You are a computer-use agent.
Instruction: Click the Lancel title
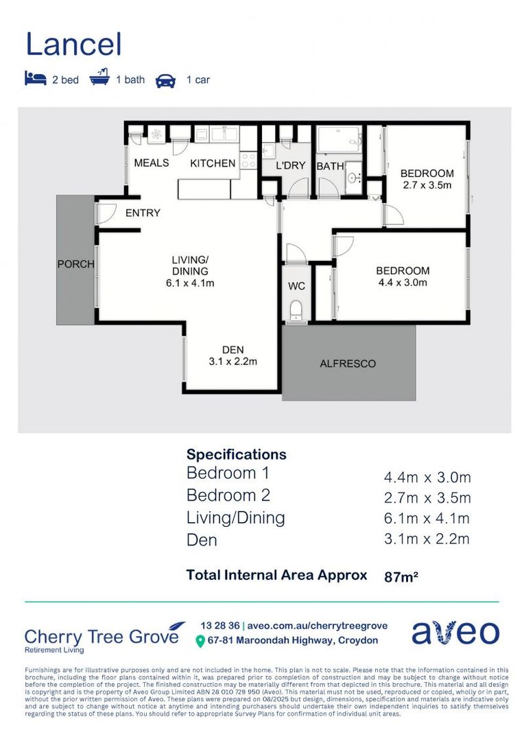pyautogui.click(x=73, y=45)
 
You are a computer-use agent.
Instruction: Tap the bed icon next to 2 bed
pyautogui.click(x=35, y=79)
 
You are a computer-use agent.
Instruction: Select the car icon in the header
pyautogui.click(x=165, y=80)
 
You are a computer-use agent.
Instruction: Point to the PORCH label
pyautogui.click(x=75, y=264)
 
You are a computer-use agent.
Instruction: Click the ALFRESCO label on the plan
pyautogui.click(x=348, y=364)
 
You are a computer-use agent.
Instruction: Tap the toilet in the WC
pyautogui.click(x=296, y=310)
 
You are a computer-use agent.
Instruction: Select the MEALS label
pyautogui.click(x=151, y=163)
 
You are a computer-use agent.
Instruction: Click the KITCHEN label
pyautogui.click(x=213, y=163)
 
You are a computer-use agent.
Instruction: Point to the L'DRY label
pyautogui.click(x=290, y=167)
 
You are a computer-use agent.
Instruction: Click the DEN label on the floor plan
pyautogui.click(x=233, y=349)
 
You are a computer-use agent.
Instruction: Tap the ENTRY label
pyautogui.click(x=143, y=213)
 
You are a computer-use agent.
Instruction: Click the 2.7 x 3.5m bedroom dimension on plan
pyautogui.click(x=427, y=185)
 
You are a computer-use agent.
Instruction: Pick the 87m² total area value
pyautogui.click(x=401, y=577)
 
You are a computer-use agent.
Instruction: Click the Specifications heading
pyautogui.click(x=236, y=454)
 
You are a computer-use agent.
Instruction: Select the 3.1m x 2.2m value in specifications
pyautogui.click(x=427, y=539)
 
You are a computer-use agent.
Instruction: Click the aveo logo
pyautogui.click(x=455, y=633)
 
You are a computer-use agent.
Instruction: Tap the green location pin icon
pyautogui.click(x=200, y=642)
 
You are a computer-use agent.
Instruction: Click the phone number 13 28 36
pyautogui.click(x=220, y=626)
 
